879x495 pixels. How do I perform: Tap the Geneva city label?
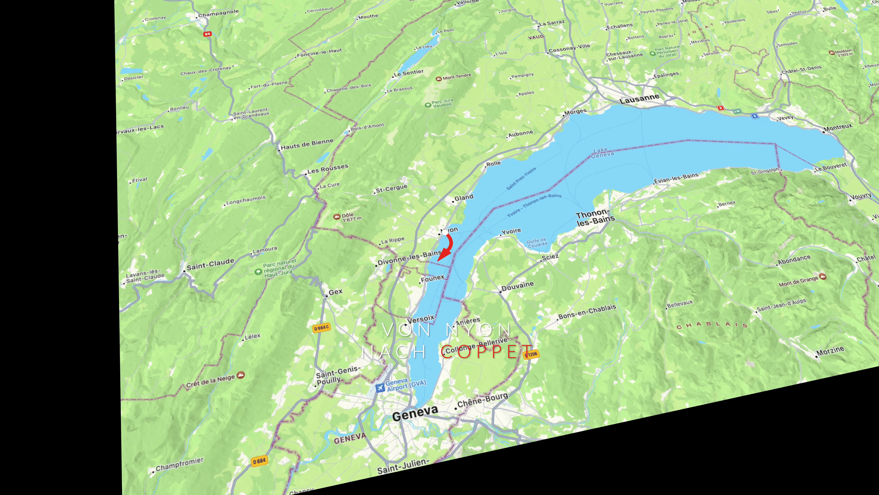pyautogui.click(x=415, y=414)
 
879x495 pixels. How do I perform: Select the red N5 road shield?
pyautogui.click(x=207, y=34)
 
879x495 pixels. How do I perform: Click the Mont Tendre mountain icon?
pyautogui.click(x=439, y=79)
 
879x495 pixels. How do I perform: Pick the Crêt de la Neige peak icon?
pyautogui.click(x=241, y=375)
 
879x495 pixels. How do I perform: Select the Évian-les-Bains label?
pyautogui.click(x=676, y=178)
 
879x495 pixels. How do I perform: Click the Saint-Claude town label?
pyautogui.click(x=210, y=264)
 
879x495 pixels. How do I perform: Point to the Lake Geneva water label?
pyautogui.click(x=602, y=153)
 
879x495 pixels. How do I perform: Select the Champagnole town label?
pyautogui.click(x=218, y=13)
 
